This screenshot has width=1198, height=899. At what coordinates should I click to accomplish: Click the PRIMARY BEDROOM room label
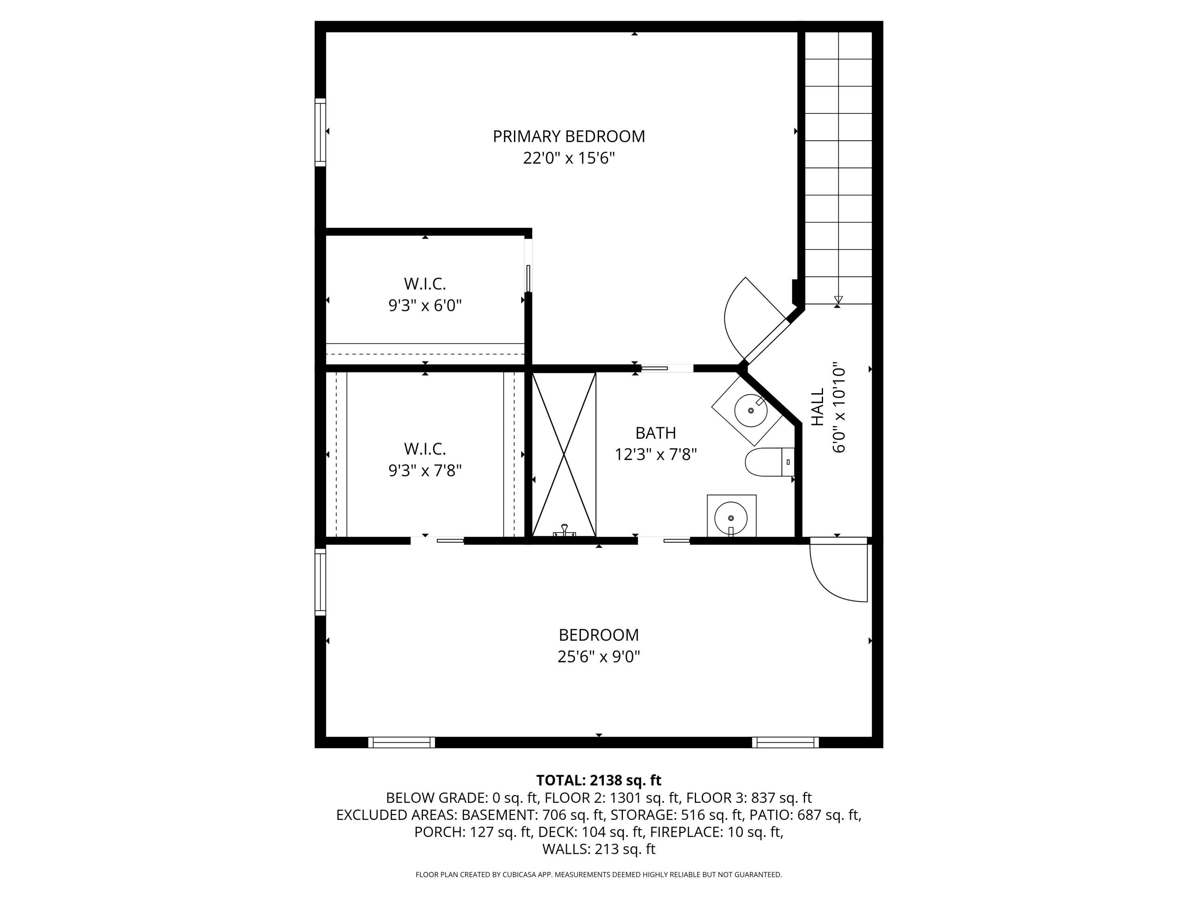click(x=569, y=136)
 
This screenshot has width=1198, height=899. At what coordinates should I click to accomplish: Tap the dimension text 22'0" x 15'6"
click(x=569, y=158)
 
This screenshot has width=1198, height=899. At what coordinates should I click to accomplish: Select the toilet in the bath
click(x=769, y=462)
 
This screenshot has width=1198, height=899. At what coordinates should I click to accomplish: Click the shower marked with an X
click(x=564, y=454)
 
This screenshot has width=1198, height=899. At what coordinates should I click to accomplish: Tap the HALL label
click(x=817, y=406)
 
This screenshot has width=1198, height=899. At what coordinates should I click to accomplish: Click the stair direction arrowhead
click(x=838, y=300)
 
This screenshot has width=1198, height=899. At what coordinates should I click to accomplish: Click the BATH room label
click(x=655, y=433)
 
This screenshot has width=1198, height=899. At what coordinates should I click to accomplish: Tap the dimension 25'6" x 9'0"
click(x=599, y=657)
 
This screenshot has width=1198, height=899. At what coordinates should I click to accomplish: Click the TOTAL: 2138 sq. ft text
click(x=599, y=780)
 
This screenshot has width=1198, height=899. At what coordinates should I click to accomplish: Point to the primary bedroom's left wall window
click(x=321, y=132)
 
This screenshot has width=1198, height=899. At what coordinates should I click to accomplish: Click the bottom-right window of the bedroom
click(x=785, y=742)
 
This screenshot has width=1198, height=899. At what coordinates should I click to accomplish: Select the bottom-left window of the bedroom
click(x=401, y=742)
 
